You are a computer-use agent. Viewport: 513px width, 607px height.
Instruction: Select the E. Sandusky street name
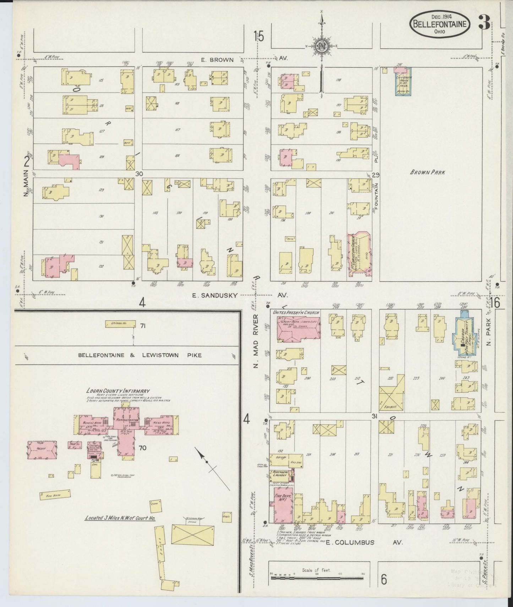214,295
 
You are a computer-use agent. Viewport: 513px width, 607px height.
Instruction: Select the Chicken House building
121,324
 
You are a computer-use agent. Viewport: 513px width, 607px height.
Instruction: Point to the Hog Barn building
55,495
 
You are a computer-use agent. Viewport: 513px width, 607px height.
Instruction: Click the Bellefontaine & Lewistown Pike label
140,355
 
